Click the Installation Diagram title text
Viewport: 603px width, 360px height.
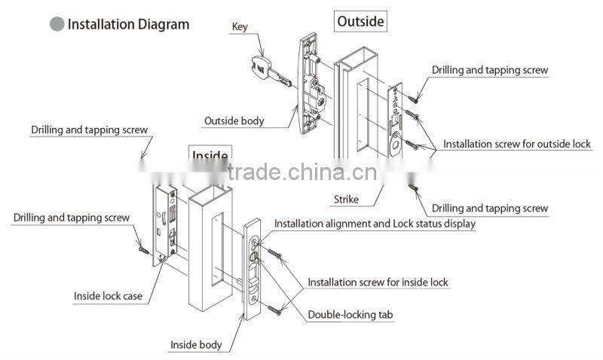click(x=128, y=24)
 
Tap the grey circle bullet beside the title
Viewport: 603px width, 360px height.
click(x=57, y=24)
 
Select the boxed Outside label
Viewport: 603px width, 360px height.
click(x=360, y=21)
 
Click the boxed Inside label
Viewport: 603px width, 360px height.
click(x=210, y=156)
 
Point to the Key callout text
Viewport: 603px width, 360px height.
click(x=239, y=26)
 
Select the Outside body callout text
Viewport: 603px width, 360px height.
click(x=234, y=121)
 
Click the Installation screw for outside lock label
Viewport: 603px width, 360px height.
click(x=516, y=144)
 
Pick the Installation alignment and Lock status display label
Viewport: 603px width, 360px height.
click(x=375, y=224)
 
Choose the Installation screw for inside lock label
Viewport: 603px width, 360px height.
click(x=378, y=282)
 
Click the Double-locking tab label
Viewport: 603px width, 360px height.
click(x=350, y=315)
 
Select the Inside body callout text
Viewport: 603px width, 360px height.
click(x=195, y=345)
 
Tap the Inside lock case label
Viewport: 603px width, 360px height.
click(x=108, y=296)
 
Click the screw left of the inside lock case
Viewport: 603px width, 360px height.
click(x=142, y=246)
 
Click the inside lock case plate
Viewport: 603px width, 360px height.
click(x=167, y=222)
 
